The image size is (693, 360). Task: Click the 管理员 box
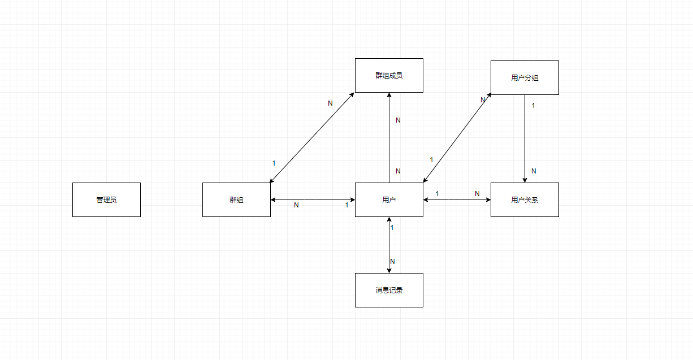106,199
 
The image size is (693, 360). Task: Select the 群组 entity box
236,199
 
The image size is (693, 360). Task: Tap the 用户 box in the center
389,199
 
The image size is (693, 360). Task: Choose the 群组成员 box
389,75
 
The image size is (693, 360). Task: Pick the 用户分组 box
525,77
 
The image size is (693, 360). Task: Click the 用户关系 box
525,199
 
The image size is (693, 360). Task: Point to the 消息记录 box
389,290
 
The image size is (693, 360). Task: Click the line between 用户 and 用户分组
457,138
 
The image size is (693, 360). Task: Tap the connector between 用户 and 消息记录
389,245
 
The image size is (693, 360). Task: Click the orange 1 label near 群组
274,163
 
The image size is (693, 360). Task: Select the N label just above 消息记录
392,262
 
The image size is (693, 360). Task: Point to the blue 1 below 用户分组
533,105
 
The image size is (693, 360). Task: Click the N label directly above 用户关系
533,171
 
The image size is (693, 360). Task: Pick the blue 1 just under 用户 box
392,227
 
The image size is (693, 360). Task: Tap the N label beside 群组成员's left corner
331,103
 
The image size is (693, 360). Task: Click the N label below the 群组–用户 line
296,205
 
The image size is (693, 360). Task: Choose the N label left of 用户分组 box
483,100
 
